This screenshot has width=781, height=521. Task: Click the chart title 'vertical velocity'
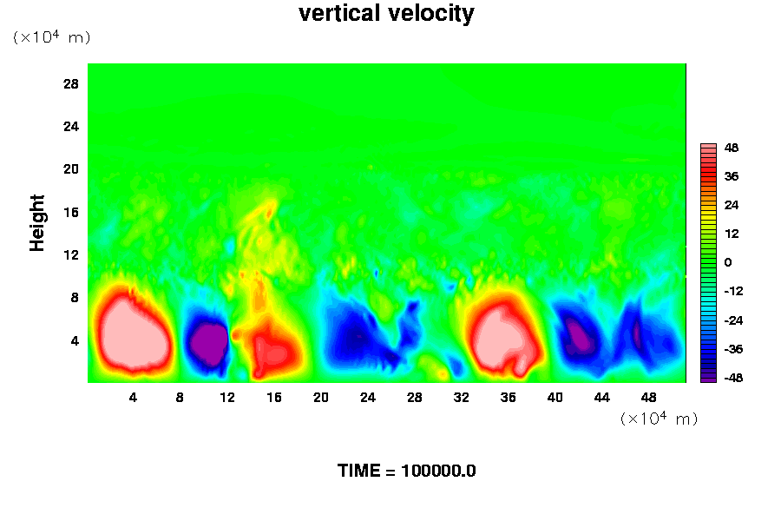(386, 14)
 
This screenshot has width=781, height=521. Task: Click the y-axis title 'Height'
(37, 232)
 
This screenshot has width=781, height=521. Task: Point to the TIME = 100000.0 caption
(406, 471)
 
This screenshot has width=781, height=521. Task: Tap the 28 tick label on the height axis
(71, 83)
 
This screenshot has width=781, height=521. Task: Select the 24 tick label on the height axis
(71, 126)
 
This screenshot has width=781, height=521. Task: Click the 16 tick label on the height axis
(71, 212)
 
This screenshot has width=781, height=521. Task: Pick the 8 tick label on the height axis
(75, 297)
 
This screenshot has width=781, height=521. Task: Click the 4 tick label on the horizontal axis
(133, 397)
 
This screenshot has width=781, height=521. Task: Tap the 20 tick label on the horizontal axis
(320, 397)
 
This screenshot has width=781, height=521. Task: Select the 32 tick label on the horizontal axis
(461, 397)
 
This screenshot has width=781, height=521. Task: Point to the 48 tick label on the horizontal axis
(648, 397)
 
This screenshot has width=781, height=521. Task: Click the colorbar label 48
(732, 148)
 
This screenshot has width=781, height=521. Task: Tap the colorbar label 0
(728, 262)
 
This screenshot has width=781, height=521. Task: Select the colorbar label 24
(732, 205)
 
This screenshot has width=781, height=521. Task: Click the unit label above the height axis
(51, 37)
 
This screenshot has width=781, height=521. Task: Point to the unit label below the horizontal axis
(659, 419)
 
